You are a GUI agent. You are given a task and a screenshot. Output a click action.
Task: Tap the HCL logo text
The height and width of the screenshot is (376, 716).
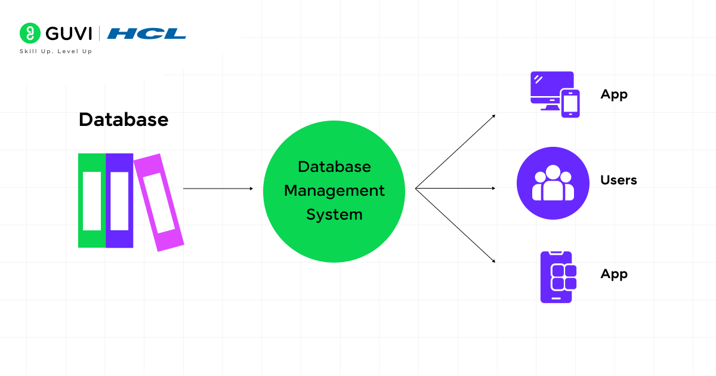[147, 33]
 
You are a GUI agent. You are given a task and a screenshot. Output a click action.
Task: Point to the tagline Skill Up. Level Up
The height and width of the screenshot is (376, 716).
[56, 51]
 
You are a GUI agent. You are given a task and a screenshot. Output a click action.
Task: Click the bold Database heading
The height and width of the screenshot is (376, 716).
[124, 120]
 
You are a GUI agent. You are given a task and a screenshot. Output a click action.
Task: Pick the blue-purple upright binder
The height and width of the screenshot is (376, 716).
[119, 201]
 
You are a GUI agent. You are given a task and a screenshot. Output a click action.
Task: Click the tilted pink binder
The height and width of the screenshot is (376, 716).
[159, 202]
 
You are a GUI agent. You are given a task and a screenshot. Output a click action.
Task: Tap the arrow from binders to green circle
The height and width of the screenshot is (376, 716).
[218, 189]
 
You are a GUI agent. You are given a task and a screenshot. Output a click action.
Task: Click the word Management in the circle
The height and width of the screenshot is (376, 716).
[334, 191]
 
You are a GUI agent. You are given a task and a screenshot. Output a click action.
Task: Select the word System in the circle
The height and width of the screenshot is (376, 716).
[334, 214]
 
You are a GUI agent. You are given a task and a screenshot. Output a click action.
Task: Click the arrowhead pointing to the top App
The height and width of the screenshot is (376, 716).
[493, 116]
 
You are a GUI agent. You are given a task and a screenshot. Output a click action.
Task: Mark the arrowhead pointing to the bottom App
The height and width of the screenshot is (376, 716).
[493, 261]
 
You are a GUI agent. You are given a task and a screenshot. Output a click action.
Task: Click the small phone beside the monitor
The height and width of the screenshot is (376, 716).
[571, 103]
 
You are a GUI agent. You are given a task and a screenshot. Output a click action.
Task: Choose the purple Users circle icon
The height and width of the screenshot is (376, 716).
[553, 183]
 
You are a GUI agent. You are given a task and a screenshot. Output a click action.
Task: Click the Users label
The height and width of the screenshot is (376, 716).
[619, 180]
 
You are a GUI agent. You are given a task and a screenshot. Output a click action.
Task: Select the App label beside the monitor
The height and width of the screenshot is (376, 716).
[614, 94]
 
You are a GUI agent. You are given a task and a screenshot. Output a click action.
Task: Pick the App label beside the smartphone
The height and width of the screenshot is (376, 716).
[614, 274]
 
